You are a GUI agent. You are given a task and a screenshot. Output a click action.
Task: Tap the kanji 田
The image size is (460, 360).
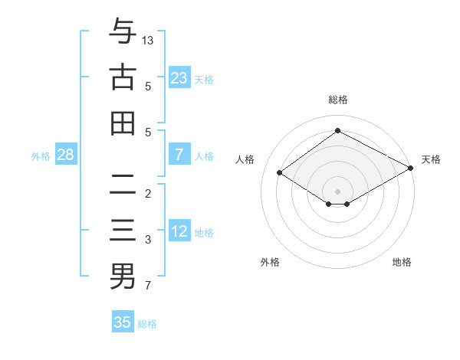pos(123,123)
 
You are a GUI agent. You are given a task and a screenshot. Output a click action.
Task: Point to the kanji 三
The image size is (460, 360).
pos(123,231)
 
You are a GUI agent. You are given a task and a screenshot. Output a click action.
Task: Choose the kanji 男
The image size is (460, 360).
pos(123,277)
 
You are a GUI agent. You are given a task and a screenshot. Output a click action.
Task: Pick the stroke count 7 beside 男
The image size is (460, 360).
pos(148,287)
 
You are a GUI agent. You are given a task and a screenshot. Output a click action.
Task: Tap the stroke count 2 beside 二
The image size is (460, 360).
pos(148,193)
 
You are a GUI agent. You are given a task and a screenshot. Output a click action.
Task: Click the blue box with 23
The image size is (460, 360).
pos(179,77)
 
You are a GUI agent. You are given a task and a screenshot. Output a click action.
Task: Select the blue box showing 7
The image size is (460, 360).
pos(179,155)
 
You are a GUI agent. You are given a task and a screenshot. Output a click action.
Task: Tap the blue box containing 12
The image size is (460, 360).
pos(179,231)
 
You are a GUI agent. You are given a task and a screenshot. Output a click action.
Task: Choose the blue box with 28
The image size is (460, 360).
pos(66,155)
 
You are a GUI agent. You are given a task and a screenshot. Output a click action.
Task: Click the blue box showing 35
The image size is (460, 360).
pos(123,322)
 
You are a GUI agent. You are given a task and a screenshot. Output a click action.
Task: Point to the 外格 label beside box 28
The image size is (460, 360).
pos(41,155)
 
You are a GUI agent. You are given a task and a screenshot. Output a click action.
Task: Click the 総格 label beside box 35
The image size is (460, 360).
pos(147,324)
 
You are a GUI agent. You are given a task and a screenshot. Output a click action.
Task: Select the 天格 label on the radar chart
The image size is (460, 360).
pos(431,159)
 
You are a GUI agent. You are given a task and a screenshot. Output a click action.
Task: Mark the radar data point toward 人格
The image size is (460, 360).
pos(280,173)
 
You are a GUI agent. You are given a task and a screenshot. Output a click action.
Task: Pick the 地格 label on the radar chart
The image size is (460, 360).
pos(402,262)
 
